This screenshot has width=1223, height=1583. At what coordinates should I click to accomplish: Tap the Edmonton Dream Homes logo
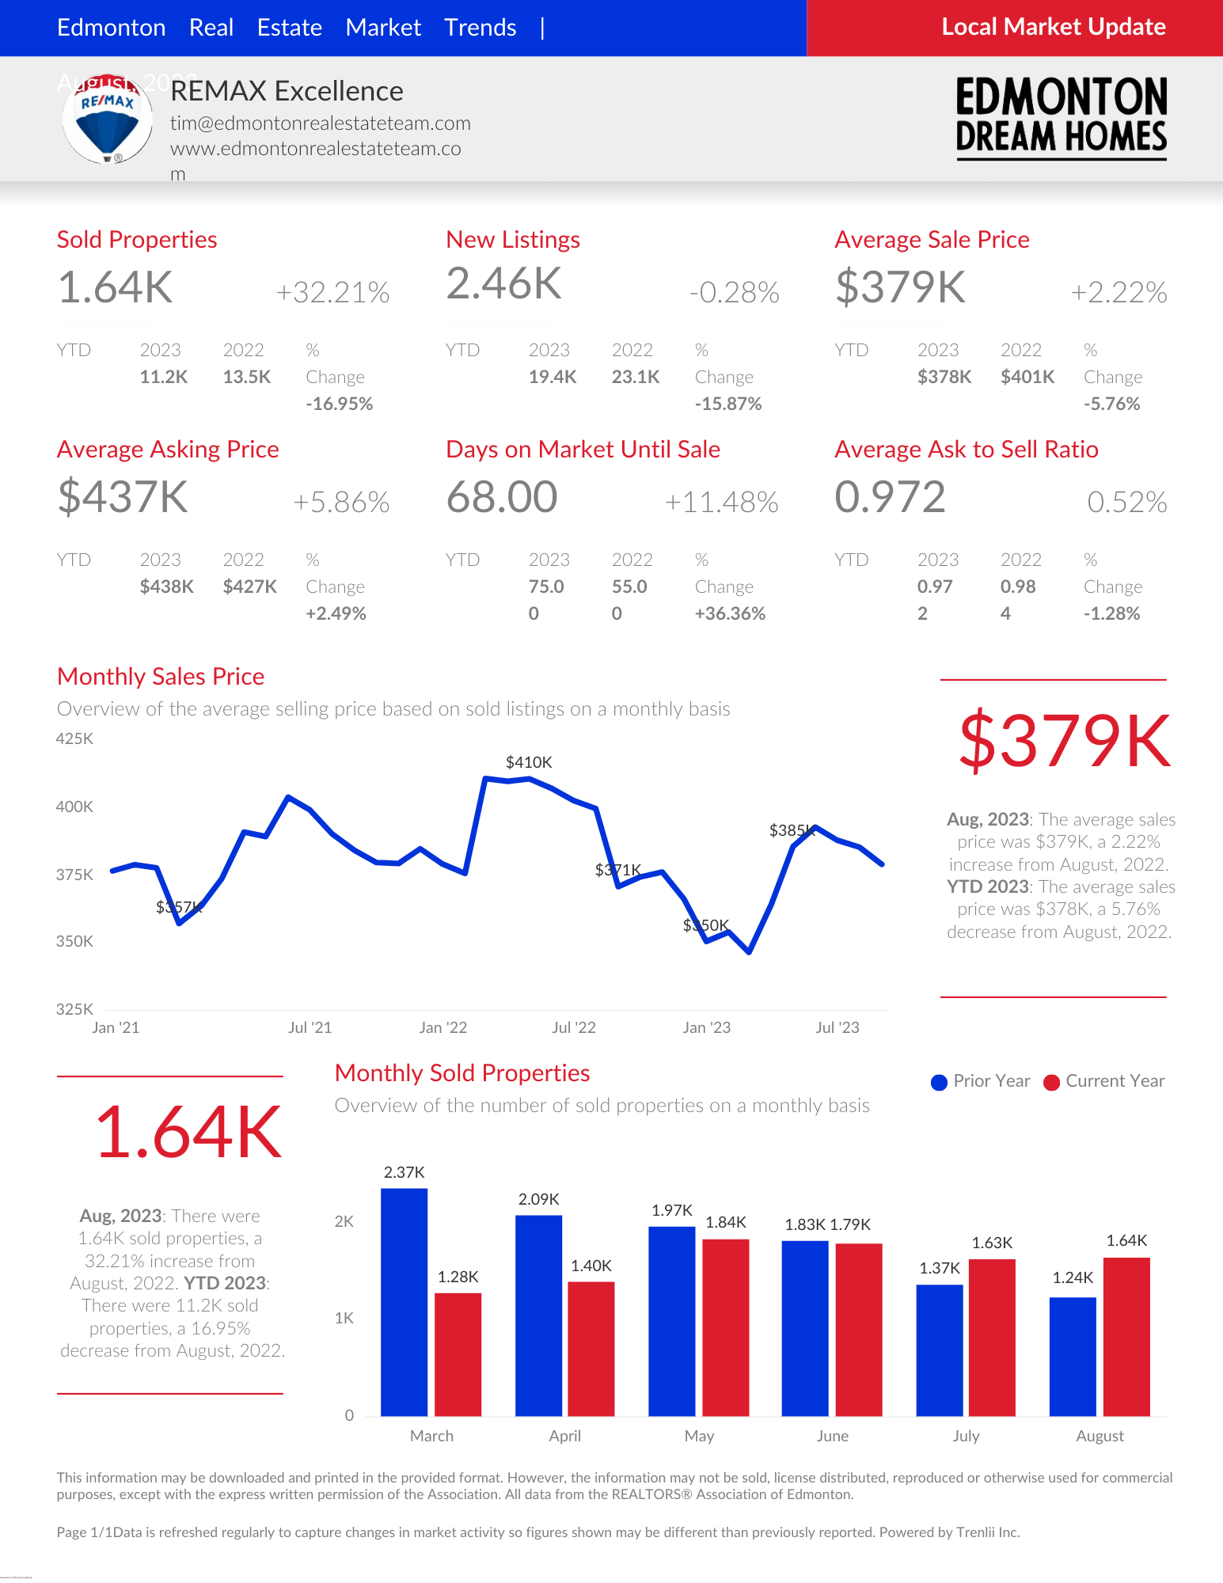[x=1061, y=117]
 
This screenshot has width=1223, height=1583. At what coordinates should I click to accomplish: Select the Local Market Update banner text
[x=1053, y=27]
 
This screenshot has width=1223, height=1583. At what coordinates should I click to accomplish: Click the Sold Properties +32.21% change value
[x=332, y=292]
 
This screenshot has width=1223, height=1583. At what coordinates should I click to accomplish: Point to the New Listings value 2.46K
[x=503, y=283]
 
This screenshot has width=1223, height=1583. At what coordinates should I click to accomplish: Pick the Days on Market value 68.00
[x=502, y=497]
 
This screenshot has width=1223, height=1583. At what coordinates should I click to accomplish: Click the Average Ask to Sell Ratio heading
[x=966, y=450]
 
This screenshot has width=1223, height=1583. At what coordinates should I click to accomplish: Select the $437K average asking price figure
[x=123, y=497]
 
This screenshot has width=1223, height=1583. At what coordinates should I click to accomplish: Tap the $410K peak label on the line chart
[x=529, y=762]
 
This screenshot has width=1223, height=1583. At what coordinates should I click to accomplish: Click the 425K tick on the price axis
[x=74, y=738]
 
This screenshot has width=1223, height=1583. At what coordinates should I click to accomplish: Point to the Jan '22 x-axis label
[x=442, y=1027]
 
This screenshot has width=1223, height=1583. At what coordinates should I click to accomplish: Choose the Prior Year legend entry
[x=982, y=1081]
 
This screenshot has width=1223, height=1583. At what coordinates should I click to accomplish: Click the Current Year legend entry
[x=1105, y=1081]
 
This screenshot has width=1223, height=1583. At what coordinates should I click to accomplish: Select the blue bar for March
[x=404, y=1302]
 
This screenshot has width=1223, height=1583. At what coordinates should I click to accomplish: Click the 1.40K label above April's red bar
[x=591, y=1266]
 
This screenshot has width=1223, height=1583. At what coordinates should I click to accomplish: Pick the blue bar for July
[x=940, y=1350]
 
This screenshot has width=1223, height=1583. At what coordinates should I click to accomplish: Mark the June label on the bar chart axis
[x=832, y=1436]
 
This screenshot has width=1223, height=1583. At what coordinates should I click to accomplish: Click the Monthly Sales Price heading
[x=161, y=677]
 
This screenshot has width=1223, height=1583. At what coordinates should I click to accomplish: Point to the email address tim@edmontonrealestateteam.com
[x=320, y=123]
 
